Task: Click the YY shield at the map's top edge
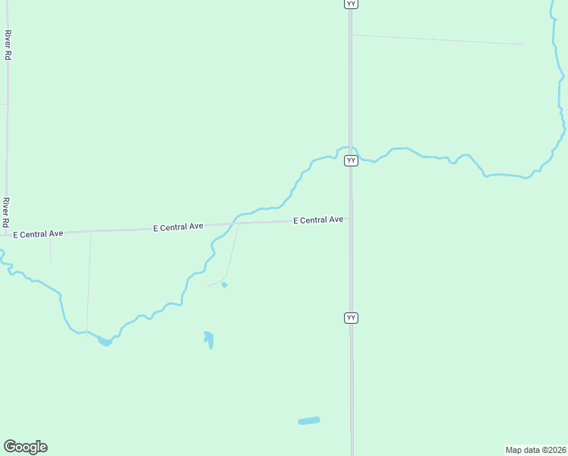coord(351,4)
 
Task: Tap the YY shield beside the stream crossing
coord(351,160)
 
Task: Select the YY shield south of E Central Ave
coord(351,317)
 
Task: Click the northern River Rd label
coord(8,45)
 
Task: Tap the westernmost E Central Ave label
coord(37,234)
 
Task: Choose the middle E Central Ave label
coord(178,226)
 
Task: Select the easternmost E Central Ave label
coord(318,220)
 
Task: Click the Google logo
coord(25,447)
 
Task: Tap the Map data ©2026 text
coord(535,450)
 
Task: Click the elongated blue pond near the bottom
coord(309,420)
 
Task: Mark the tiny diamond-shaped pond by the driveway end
coord(224,285)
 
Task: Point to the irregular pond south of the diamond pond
coord(209,339)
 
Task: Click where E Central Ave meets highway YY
coord(350,220)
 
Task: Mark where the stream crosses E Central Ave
coord(235,223)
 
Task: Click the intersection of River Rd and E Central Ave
coord(6,234)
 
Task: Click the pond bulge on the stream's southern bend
coord(105,341)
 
